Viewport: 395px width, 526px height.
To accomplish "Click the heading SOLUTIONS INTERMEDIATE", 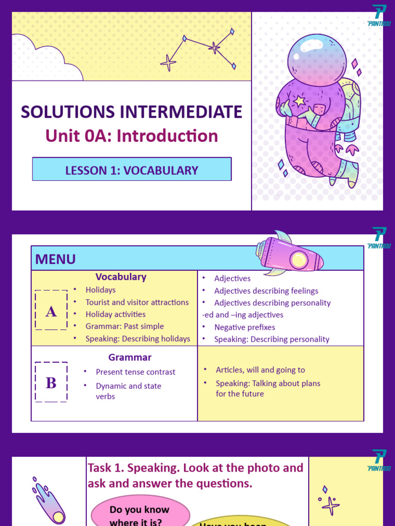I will pyautogui.click(x=132, y=112).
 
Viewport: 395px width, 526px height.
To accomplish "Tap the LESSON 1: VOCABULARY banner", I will pyautogui.click(x=132, y=170).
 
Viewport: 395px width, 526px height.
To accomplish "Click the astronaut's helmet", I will pyautogui.click(x=317, y=59).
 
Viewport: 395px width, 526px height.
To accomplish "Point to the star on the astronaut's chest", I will pyautogui.click(x=299, y=101).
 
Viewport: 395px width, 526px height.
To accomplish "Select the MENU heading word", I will pyautogui.click(x=56, y=259).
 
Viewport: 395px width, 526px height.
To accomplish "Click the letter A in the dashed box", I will pyautogui.click(x=51, y=311).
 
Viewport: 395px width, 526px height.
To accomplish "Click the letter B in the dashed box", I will pyautogui.click(x=51, y=383).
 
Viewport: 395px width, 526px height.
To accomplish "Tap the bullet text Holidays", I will pyautogui.click(x=100, y=290).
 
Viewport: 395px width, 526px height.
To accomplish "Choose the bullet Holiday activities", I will pyautogui.click(x=115, y=314).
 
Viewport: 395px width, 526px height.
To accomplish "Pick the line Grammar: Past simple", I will pyautogui.click(x=124, y=326).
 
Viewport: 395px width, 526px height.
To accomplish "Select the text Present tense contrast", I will pyautogui.click(x=135, y=372).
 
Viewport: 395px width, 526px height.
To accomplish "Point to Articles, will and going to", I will pyautogui.click(x=260, y=370).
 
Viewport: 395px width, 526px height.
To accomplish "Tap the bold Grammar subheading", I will pyautogui.click(x=130, y=357).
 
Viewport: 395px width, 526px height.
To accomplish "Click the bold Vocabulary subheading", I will pyautogui.click(x=121, y=277).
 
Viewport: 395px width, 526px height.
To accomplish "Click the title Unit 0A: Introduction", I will pyautogui.click(x=132, y=136).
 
